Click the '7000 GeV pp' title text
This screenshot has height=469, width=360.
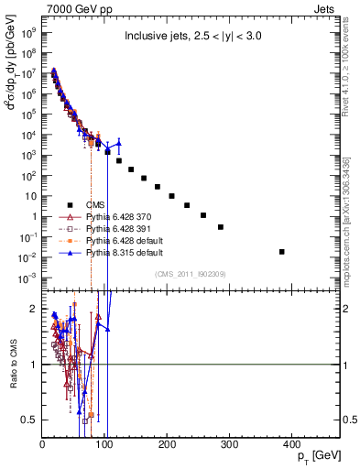tap(73, 9)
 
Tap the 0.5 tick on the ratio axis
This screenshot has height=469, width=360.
tap(31, 420)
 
